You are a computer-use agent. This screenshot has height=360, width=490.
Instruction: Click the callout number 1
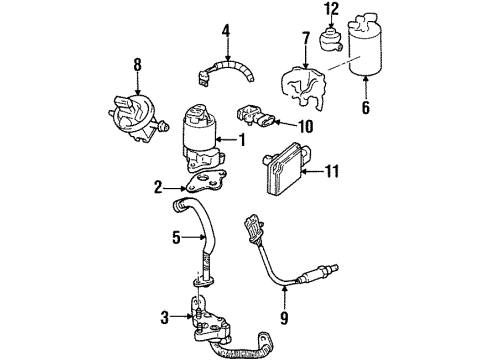coord(240,140)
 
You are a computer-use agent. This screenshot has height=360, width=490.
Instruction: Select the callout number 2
coord(157,186)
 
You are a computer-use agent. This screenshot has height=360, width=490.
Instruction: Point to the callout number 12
coord(332,10)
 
